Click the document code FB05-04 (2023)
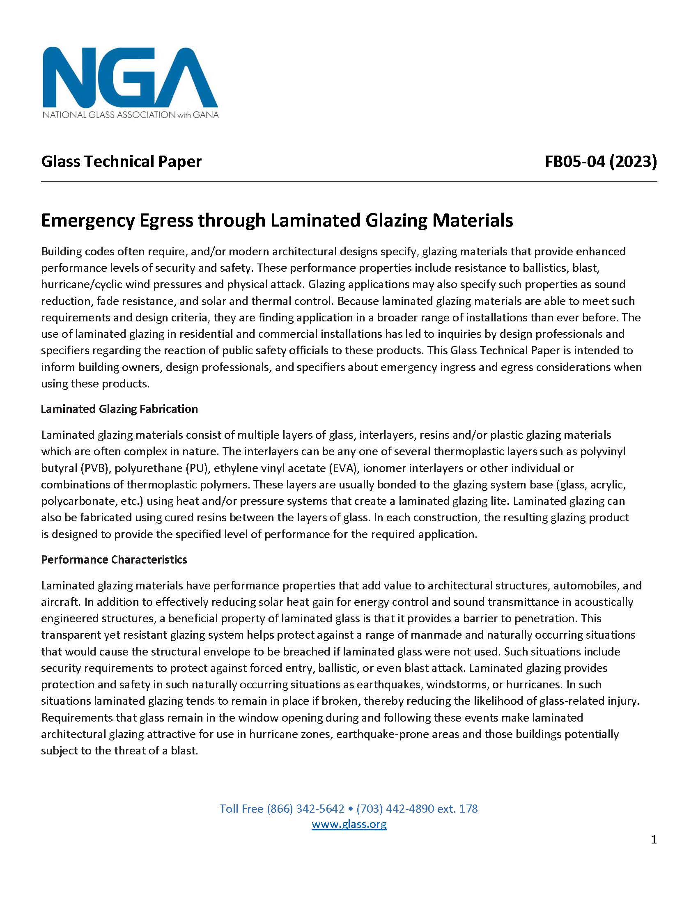coord(600,161)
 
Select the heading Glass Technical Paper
coord(121,161)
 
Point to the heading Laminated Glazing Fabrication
coord(119,409)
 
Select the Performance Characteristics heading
coord(114,559)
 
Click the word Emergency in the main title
coord(88,220)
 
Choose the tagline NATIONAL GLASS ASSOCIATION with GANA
coord(130,115)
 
